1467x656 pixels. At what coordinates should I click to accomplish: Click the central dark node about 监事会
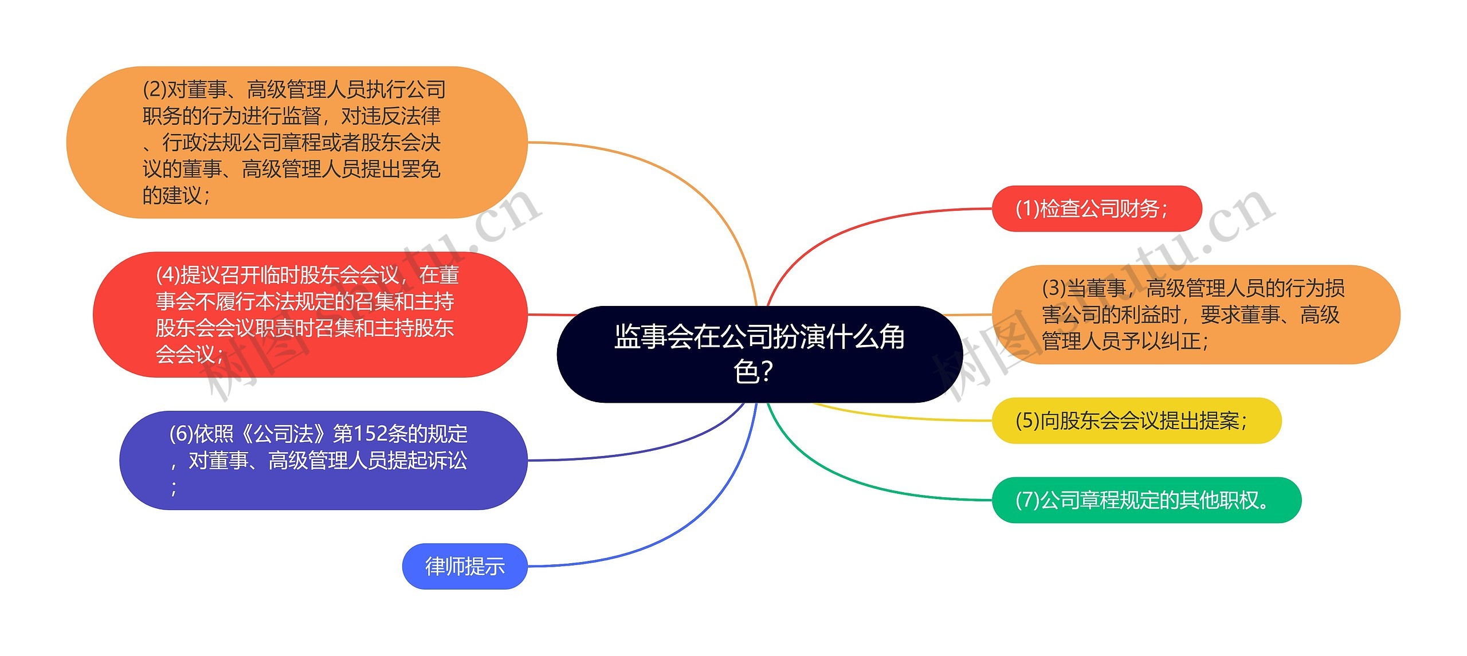[759, 353]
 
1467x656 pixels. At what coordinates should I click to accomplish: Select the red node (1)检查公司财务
[1096, 209]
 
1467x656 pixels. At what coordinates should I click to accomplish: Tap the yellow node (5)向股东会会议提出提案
[1136, 421]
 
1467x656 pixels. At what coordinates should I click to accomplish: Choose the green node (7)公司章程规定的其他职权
[1146, 500]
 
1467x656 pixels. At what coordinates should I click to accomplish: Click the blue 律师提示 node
[465, 566]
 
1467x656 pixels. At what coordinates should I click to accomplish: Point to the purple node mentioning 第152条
[323, 460]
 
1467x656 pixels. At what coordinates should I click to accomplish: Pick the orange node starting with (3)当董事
[1195, 315]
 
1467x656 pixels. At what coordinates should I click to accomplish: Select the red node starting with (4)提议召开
[309, 315]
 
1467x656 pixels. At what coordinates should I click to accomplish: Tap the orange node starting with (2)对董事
[296, 142]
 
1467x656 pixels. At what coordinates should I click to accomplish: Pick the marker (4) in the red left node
[167, 276]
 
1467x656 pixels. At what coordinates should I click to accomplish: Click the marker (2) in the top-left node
[154, 90]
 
